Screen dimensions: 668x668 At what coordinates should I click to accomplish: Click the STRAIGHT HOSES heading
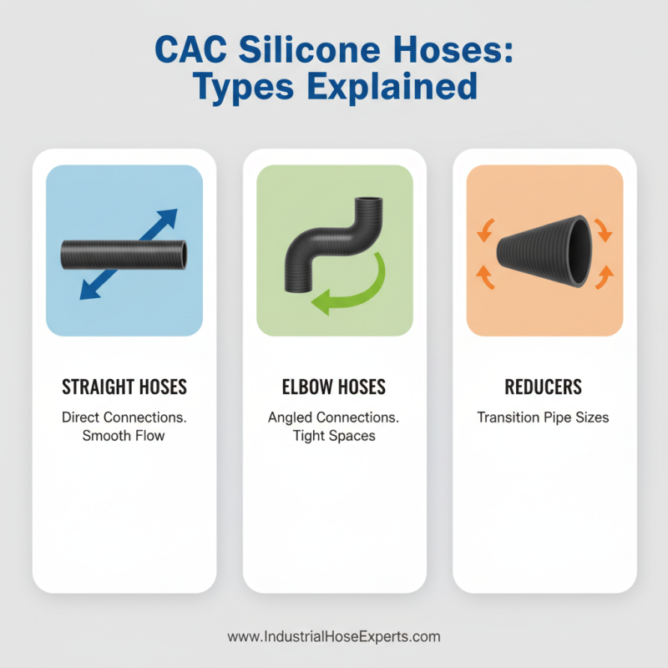click(x=124, y=387)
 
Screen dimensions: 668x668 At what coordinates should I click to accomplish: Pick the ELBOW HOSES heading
click(x=334, y=387)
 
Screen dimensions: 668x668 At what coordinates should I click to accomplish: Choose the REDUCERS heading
click(x=544, y=387)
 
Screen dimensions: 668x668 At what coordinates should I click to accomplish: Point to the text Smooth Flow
click(x=124, y=435)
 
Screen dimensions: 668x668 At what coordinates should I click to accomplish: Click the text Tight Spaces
click(x=334, y=435)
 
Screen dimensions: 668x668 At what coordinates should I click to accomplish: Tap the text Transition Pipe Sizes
click(x=544, y=416)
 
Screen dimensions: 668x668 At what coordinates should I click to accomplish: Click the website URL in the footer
click(x=334, y=636)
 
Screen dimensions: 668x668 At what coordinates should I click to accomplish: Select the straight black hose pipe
click(x=124, y=252)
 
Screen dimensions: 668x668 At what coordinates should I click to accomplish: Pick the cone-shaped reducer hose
click(x=543, y=251)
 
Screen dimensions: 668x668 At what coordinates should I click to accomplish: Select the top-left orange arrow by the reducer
click(x=483, y=230)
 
